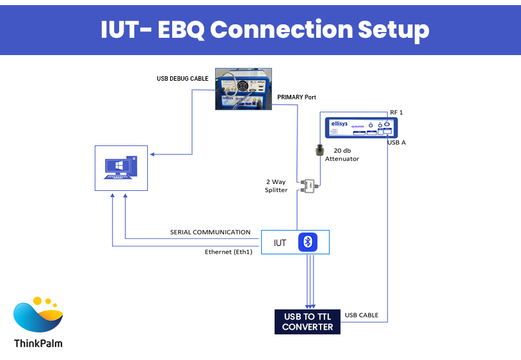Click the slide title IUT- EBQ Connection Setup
coord(264,29)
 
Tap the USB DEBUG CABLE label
coord(182,79)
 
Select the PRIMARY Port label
coord(296,97)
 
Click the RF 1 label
coord(396,112)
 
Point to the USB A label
coord(396,142)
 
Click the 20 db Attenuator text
coord(341,154)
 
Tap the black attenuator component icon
coord(318,151)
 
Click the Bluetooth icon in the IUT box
coord(308,242)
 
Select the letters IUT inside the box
coord(280,243)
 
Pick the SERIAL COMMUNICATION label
coord(210,232)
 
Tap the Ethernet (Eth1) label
coord(228,252)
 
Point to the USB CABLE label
coord(362,315)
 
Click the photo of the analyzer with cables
coord(243,89)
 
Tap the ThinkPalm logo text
coord(38,343)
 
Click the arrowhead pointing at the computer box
coord(151,154)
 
